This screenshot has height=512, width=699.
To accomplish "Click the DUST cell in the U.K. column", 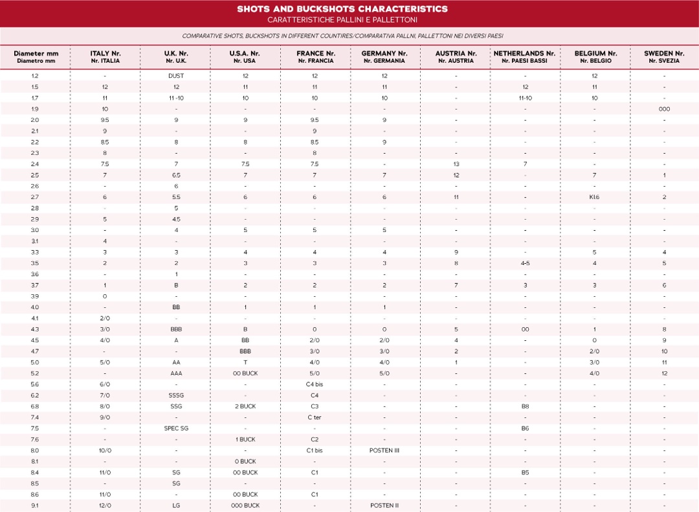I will [176, 76].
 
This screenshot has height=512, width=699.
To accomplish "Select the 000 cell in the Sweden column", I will [664, 109].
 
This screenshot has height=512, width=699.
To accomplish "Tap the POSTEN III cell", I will [384, 450].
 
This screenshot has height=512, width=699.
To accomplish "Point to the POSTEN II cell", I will [384, 506].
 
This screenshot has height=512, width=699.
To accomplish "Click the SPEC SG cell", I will [176, 428].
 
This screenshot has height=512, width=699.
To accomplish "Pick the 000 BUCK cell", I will [245, 506].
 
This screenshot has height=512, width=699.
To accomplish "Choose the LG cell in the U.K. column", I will [176, 506].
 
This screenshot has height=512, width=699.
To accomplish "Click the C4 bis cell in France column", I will [315, 384].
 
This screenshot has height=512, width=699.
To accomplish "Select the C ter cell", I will [315, 417].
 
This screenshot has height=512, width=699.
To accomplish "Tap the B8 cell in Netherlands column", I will [526, 406].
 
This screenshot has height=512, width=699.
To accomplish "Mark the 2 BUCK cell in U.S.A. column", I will [245, 406].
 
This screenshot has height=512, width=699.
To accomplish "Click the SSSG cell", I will [176, 395].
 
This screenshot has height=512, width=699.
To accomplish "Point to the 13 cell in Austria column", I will [456, 164].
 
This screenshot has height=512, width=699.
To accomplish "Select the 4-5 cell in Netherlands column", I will [526, 263].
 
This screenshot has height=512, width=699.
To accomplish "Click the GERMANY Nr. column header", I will [384, 56].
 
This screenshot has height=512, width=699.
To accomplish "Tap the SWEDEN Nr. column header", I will [664, 56].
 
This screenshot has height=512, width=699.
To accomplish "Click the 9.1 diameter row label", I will [35, 506].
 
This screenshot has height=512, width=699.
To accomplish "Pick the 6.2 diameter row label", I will [35, 395].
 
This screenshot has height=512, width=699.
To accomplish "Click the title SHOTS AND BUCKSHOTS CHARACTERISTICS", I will [342, 9].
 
